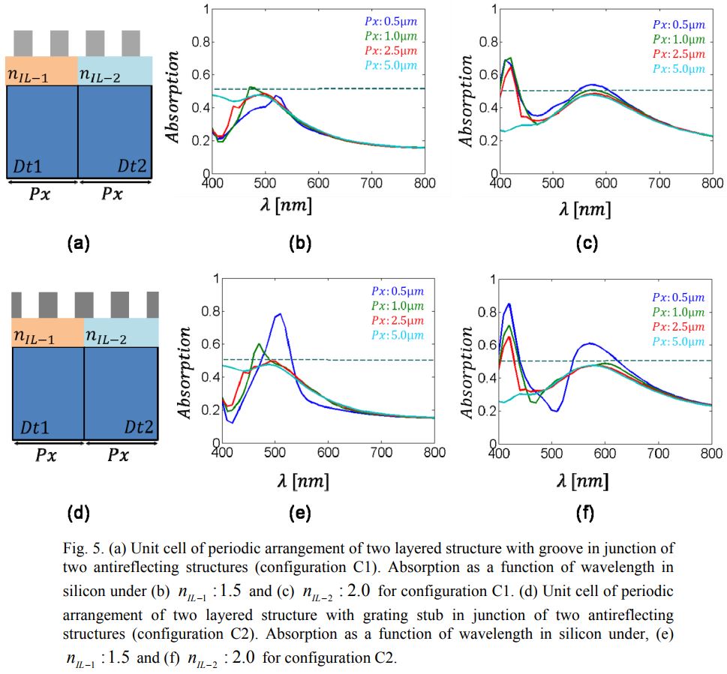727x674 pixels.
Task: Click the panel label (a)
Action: point(78,243)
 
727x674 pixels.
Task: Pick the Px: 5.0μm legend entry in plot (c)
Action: point(679,69)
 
